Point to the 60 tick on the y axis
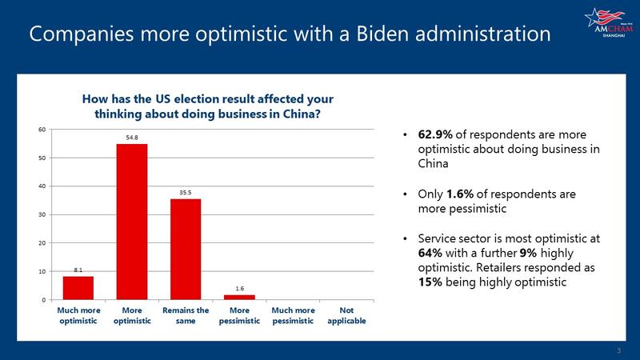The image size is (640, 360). pyautogui.click(x=42, y=130)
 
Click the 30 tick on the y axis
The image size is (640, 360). pyautogui.click(x=42, y=214)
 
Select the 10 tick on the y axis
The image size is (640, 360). pyautogui.click(x=42, y=271)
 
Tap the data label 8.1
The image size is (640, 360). pyautogui.click(x=78, y=270)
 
